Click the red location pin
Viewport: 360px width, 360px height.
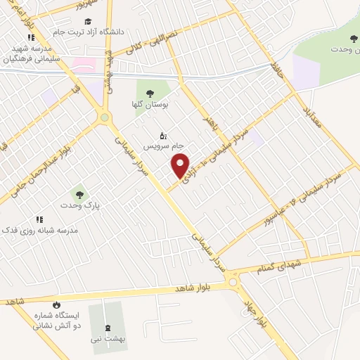[x=181, y=165]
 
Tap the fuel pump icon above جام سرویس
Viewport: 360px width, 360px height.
[x=163, y=135]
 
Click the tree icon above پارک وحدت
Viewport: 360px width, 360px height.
[x=78, y=193]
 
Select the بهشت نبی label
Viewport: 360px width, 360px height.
[x=107, y=339]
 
